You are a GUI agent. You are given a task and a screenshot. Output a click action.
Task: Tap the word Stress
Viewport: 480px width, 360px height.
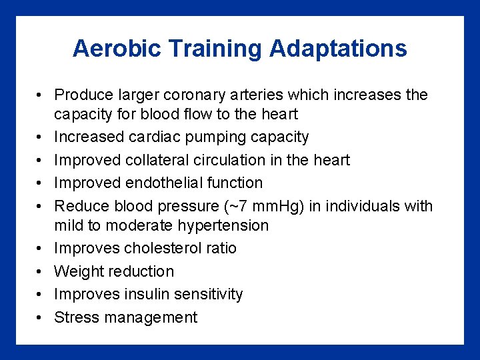[x=74, y=317]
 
